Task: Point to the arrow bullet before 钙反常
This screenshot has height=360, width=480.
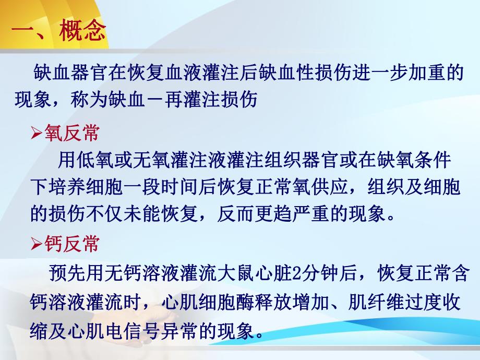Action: tap(37, 244)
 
